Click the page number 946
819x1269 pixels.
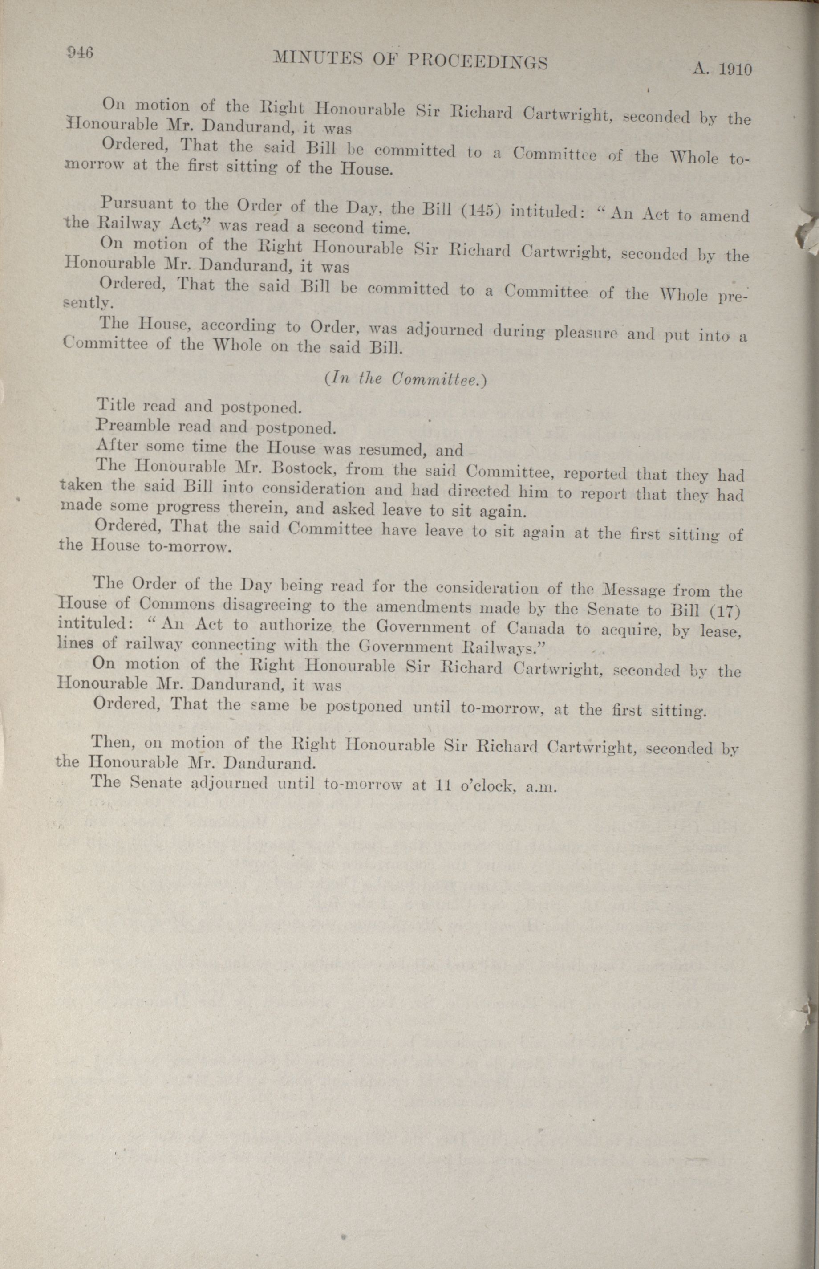[x=79, y=52]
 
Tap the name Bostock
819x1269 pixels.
[x=310, y=469]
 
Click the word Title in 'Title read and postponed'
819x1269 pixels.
[x=115, y=404]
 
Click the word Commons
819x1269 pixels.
[x=178, y=604]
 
